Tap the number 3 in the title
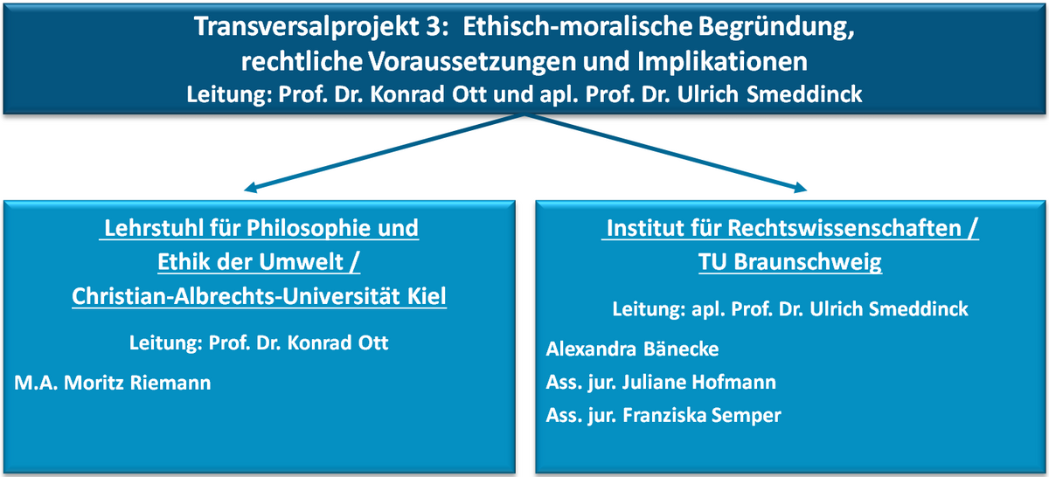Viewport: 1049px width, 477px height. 435,26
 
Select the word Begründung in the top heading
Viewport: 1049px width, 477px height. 776,27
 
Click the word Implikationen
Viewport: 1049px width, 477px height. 722,62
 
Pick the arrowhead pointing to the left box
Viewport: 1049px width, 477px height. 251,188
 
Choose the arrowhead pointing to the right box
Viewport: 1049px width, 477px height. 800,188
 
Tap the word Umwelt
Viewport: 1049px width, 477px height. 301,262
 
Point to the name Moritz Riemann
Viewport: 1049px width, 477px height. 137,383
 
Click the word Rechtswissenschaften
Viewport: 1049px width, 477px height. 844,228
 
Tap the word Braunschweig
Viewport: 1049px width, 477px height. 808,262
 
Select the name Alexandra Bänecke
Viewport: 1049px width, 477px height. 632,349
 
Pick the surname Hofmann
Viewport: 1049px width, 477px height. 733,383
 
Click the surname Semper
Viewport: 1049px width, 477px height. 748,416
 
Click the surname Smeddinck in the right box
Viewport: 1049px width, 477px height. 919,309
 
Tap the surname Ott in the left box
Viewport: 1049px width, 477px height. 373,343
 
